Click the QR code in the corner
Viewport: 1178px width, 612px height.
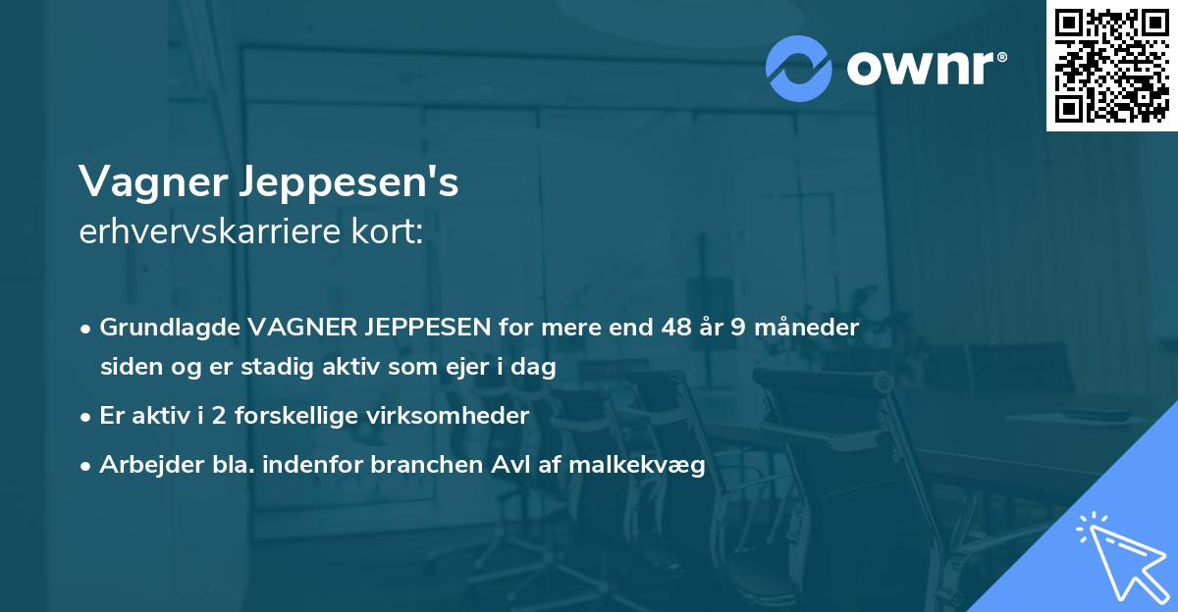1111,65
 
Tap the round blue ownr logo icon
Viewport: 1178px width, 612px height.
799,69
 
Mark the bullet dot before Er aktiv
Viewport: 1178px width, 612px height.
86,417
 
